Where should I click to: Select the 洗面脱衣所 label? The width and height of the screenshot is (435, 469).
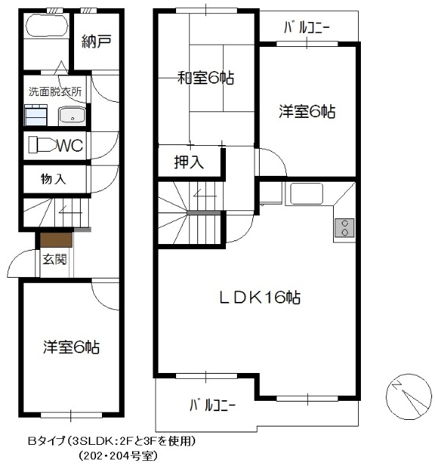(54, 92)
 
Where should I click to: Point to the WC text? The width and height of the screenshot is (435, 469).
(70, 146)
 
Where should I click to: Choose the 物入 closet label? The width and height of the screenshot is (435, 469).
(54, 178)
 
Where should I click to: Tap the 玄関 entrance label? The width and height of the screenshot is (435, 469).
(54, 259)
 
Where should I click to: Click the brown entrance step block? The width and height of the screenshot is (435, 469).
(56, 239)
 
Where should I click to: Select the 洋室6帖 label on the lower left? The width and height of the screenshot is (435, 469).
(71, 346)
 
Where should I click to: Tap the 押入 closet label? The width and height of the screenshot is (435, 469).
(189, 163)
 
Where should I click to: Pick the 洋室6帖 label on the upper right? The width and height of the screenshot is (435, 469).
(307, 112)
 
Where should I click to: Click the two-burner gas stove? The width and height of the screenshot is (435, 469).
(343, 228)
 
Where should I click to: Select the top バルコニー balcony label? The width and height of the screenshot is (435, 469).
(307, 28)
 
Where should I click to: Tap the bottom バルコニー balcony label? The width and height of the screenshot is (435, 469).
(212, 405)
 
